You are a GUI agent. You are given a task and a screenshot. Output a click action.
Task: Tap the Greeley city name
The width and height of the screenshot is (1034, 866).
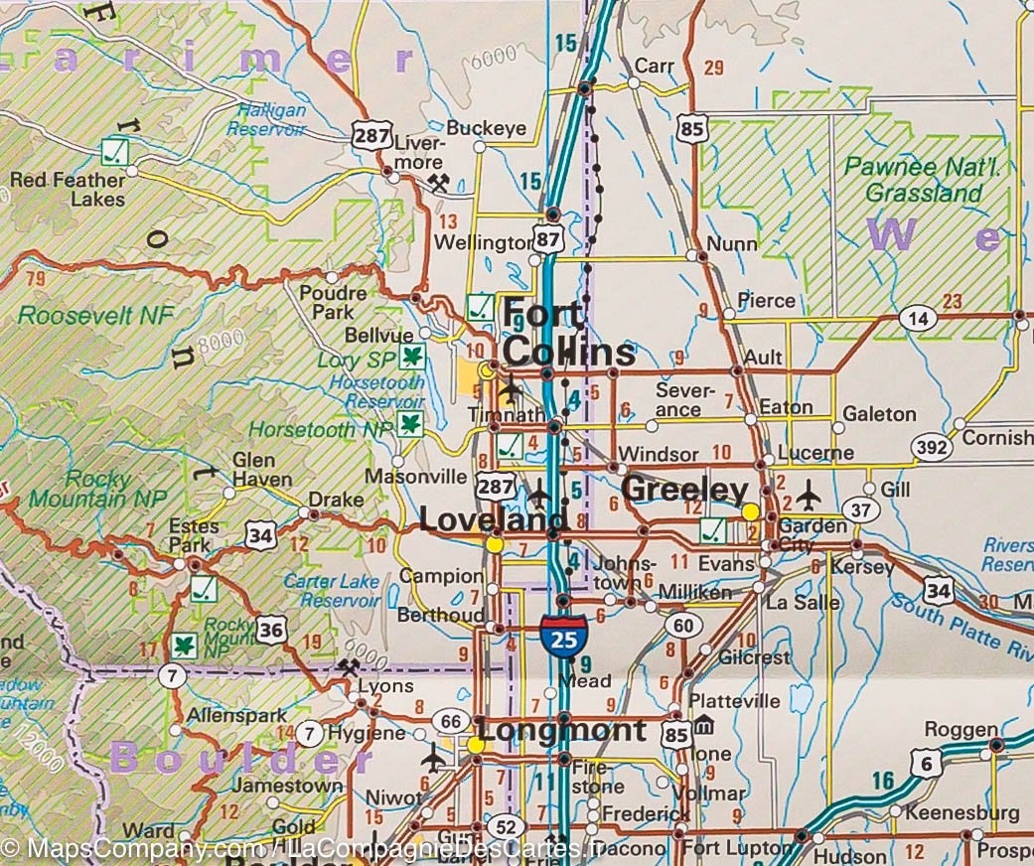[x=683, y=490]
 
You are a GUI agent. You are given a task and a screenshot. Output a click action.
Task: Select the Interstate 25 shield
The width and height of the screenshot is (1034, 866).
[x=563, y=637]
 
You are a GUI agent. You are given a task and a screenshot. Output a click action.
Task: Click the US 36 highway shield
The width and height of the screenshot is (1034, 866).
[x=270, y=628]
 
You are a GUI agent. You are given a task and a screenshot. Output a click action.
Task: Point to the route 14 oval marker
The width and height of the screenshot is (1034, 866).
[x=918, y=318]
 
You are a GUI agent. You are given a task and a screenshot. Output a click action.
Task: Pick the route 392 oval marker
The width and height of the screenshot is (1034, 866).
[x=932, y=448]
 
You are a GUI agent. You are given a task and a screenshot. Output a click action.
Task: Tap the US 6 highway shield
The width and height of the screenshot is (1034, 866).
[x=926, y=763]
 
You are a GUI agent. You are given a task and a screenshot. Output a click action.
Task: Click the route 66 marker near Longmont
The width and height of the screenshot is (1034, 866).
[x=450, y=720]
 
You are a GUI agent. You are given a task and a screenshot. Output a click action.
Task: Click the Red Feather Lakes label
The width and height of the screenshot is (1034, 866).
[x=69, y=189]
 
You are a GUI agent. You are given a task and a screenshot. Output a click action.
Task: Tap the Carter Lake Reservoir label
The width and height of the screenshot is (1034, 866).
[x=331, y=591]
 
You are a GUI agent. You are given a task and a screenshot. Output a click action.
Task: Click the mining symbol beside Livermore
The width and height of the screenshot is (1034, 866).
[x=438, y=182]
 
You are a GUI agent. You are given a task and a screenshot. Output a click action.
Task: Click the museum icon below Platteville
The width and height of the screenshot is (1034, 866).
[x=703, y=726]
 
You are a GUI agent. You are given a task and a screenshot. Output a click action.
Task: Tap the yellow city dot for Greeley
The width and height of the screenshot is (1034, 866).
[x=751, y=510]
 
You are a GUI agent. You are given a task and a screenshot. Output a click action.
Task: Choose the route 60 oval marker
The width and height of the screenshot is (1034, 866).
[x=681, y=625]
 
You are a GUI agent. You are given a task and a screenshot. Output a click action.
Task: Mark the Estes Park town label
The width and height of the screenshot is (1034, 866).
[x=190, y=535]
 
